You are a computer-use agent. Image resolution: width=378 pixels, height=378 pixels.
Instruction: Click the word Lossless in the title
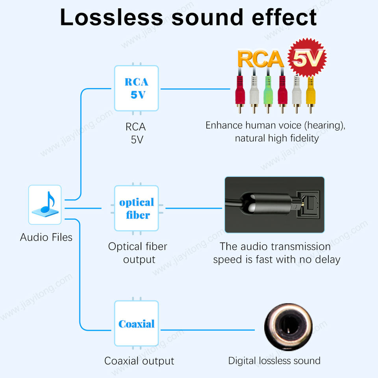point(111,17)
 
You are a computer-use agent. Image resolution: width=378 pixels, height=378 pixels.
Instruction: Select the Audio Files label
point(46,237)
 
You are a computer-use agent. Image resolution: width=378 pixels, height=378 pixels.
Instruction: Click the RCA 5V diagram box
point(137,88)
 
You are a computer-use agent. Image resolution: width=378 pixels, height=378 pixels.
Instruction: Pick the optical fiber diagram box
point(137,208)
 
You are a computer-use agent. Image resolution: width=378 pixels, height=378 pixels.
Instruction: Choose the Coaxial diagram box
point(137,323)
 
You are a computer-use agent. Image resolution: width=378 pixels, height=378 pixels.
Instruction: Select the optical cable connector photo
point(274,205)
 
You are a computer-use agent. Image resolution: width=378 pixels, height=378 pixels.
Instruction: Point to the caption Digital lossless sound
point(274,360)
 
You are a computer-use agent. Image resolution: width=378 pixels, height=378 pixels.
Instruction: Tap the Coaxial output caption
point(139,361)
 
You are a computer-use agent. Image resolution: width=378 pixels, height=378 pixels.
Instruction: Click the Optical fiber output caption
point(138,253)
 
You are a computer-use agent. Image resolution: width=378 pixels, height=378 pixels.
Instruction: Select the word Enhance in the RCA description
point(224,126)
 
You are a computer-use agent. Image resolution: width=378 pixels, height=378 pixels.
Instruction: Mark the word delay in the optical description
point(326,259)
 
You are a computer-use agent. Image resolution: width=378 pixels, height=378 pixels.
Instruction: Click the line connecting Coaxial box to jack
point(213,330)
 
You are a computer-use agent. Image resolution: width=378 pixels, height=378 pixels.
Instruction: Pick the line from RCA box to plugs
point(195,89)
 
